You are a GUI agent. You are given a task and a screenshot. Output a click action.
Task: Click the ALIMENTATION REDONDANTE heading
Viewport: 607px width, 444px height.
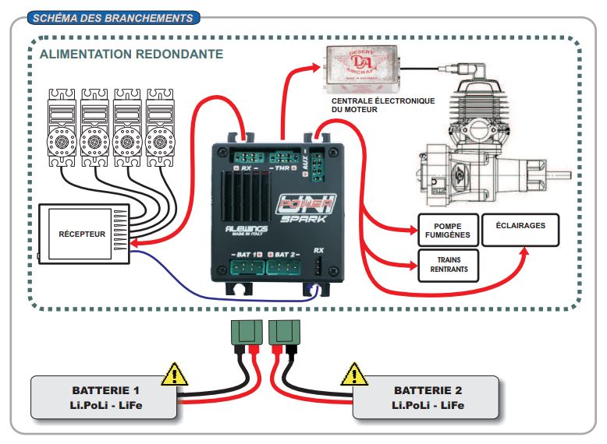click(131, 55)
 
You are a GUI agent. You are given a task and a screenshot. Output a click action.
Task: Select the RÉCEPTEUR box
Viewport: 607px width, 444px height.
click(82, 233)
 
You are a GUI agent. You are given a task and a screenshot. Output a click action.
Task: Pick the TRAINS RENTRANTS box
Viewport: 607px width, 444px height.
click(447, 265)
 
